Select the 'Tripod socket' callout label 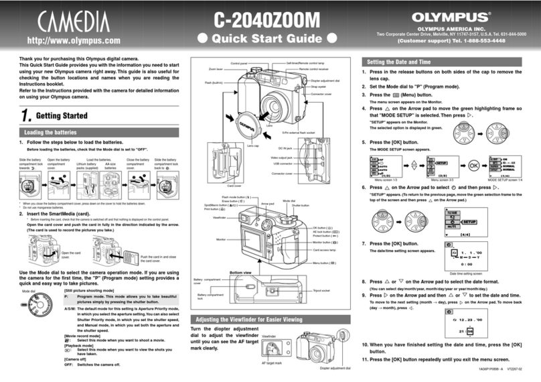[321, 290]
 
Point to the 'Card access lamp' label [323, 249]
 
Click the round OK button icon [473, 165]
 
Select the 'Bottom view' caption [240, 273]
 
